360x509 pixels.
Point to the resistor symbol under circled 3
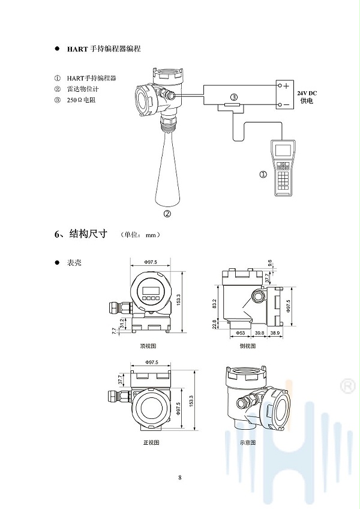pos(232,105)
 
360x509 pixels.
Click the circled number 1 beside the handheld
pos(262,175)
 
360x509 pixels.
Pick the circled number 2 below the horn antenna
pos(168,212)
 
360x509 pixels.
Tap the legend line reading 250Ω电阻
pos(81,100)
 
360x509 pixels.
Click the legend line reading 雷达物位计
pos(81,89)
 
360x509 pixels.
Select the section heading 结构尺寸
pos(88,235)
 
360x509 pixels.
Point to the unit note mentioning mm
pos(140,235)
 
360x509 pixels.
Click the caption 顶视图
pos(148,346)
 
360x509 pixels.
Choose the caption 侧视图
pos(247,346)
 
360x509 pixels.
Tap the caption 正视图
pos(151,442)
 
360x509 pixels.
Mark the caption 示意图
pos(247,442)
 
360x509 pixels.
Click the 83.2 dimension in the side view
pos(215,304)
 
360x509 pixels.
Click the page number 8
pos(180,478)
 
